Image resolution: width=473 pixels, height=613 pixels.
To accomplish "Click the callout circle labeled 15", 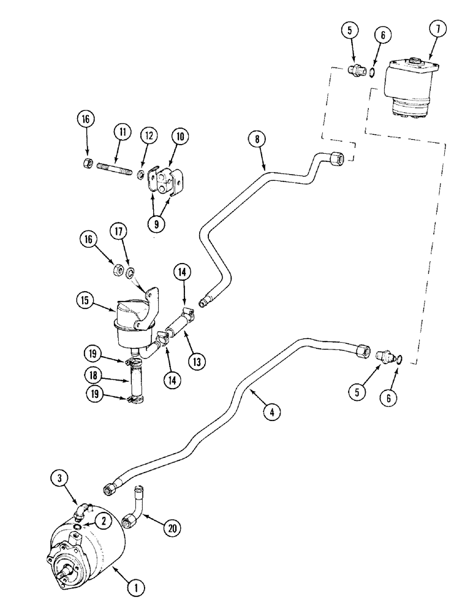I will (x=86, y=300).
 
